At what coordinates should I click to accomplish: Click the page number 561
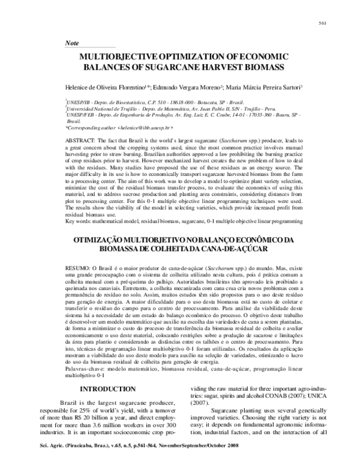(322, 23)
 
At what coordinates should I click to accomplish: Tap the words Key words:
(79, 222)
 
